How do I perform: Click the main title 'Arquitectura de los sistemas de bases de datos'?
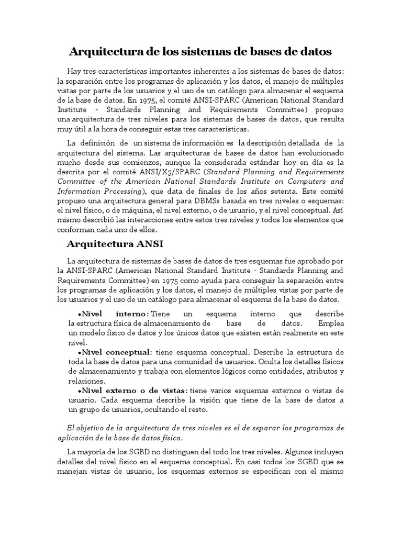(200, 52)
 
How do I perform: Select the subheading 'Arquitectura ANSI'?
(116, 243)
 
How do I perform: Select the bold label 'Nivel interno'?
(114, 314)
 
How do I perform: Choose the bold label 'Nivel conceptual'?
(116, 352)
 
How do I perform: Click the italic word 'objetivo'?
(93, 428)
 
